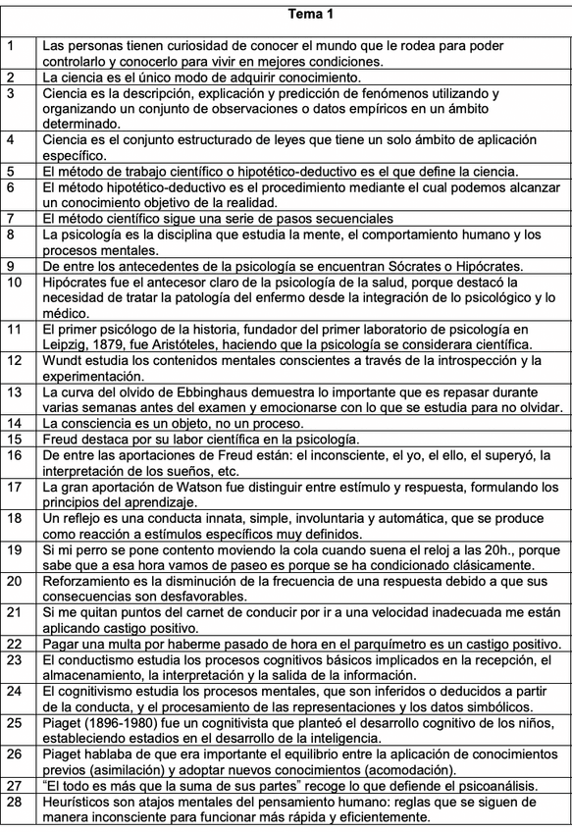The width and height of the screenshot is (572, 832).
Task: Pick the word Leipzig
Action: point(66,345)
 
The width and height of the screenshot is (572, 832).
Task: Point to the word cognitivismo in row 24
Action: point(101,691)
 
